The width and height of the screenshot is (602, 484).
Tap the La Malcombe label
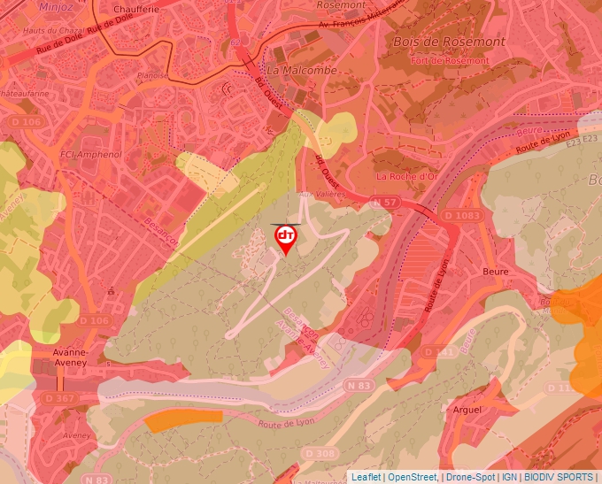[302, 70]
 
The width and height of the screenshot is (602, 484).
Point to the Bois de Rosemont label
[448, 42]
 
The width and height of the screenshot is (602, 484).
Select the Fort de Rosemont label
[451, 60]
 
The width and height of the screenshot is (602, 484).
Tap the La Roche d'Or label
[407, 176]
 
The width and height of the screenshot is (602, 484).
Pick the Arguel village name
[467, 410]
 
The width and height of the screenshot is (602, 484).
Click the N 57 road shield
[383, 204]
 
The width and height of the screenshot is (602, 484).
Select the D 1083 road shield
[461, 216]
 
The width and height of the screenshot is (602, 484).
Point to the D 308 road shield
[326, 454]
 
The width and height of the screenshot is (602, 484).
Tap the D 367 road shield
[59, 399]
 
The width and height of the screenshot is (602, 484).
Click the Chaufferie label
[135, 10]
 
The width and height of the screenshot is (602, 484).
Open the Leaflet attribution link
[367, 477]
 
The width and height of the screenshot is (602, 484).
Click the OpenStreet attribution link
[413, 477]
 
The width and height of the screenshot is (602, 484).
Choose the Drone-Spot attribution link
[470, 477]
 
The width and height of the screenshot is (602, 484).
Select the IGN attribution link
[510, 477]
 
